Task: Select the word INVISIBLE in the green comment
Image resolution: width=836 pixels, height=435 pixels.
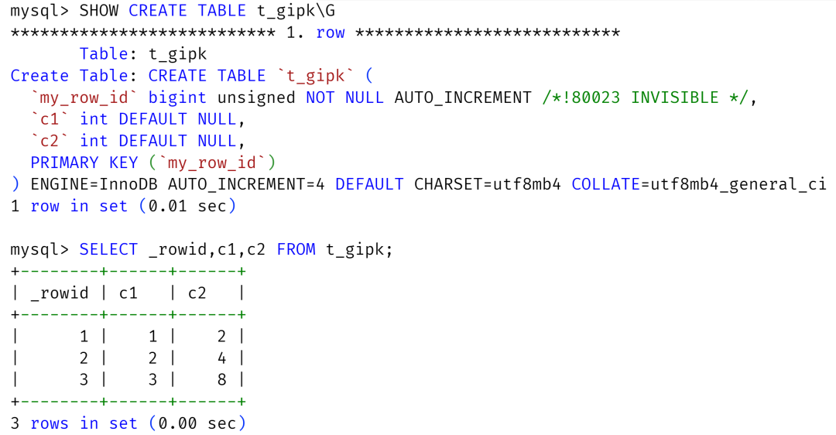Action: pos(674,98)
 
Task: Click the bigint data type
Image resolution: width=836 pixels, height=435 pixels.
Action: pos(177,98)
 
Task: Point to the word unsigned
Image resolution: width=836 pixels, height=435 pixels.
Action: pos(256,98)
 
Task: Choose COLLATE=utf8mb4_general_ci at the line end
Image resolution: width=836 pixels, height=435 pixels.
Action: pos(699,184)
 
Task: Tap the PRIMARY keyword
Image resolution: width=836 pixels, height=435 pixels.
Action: pos(64,163)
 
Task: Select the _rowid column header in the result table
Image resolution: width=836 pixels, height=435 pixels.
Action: pos(60,293)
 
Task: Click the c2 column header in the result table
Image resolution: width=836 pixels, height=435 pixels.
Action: pos(197,293)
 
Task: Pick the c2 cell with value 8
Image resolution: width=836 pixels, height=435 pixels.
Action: pos(221,379)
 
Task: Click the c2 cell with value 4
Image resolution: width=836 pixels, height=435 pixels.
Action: pos(221,358)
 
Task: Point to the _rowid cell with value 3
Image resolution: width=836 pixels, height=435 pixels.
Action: pos(84,379)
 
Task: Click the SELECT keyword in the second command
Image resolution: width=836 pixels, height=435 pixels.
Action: pos(108,249)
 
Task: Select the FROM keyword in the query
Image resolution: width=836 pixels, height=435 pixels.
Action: pos(296,249)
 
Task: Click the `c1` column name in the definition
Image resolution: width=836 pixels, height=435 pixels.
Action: pos(50,119)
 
